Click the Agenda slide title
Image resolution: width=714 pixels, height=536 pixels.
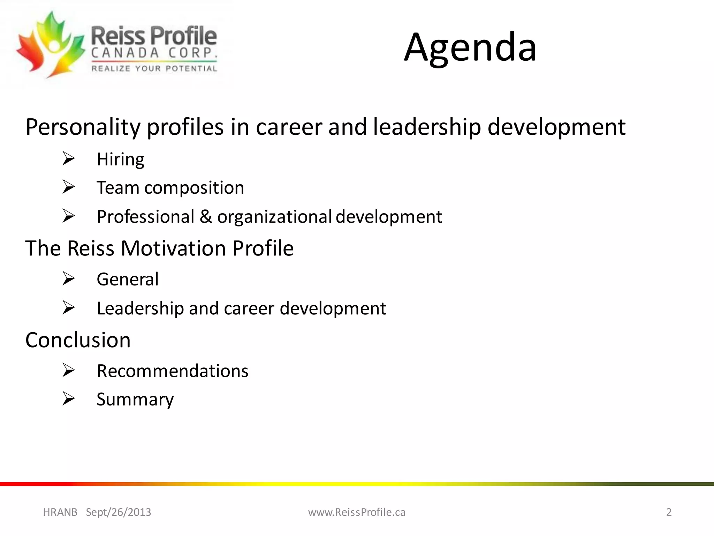pos(470,47)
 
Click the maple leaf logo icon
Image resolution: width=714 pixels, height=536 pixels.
pos(51,45)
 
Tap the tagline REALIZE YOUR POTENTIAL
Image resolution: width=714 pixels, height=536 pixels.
pos(154,68)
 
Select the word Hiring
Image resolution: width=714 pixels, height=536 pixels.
pos(120,160)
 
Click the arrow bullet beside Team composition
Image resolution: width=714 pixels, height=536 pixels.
pos(69,187)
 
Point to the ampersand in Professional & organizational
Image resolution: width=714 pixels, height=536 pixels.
pos(206,217)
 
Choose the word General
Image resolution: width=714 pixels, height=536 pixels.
pos(128,280)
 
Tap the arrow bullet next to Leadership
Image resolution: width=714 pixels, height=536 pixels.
pos(69,308)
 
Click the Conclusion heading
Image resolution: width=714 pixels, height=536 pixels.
pos(78,340)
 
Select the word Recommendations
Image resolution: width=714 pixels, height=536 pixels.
pos(173,371)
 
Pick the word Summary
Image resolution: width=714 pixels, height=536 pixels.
pos(135,400)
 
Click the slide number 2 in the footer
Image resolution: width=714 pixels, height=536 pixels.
pos(669,512)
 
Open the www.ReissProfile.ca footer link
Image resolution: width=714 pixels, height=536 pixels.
pos(357,512)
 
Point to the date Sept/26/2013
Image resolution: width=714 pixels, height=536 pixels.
pos(119,512)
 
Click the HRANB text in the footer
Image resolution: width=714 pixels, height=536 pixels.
pos(60,512)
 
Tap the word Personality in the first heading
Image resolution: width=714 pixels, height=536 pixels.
pos(83,127)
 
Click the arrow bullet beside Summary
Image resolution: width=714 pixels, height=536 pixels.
pos(69,399)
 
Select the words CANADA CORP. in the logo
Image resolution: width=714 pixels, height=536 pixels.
pos(154,53)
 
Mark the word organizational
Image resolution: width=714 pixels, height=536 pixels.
pos(274,217)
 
